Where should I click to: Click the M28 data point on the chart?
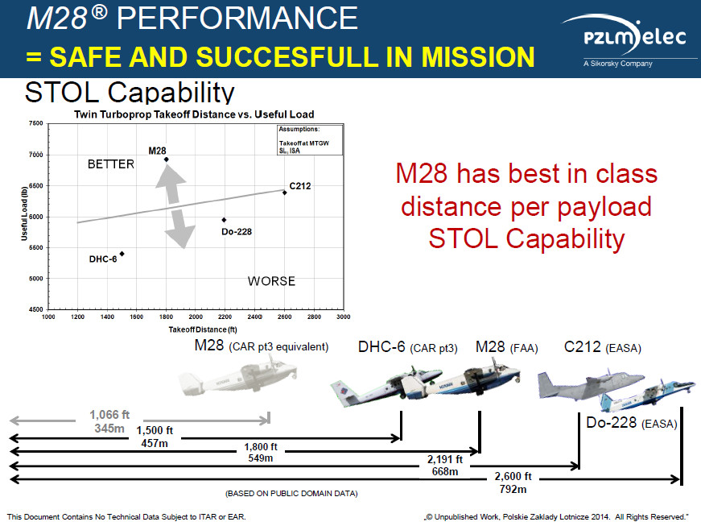click(x=166, y=159)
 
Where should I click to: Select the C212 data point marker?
click(x=285, y=193)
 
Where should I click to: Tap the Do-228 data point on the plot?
click(x=224, y=220)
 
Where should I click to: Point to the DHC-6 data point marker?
click(x=122, y=254)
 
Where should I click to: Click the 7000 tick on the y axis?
click(x=35, y=155)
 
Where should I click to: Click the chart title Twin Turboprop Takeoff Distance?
click(x=194, y=114)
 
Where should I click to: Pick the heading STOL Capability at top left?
click(x=130, y=93)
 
